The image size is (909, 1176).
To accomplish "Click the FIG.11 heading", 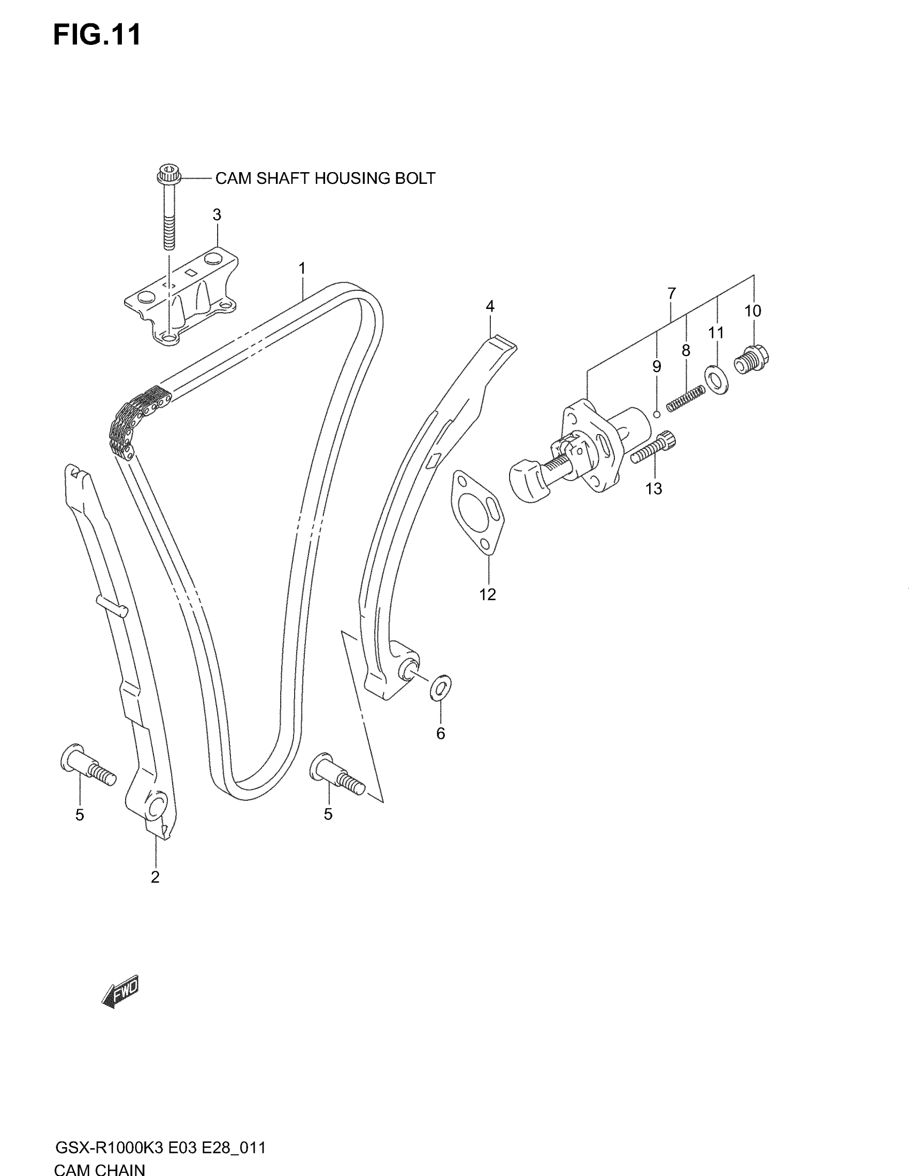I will tap(97, 35).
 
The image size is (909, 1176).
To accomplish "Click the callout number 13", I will tap(653, 489).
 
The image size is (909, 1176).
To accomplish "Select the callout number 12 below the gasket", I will tap(487, 594).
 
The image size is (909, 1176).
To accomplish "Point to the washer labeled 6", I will tap(441, 687).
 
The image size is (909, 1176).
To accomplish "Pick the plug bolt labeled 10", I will tap(752, 360).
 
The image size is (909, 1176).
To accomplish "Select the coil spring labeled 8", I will tap(685, 399).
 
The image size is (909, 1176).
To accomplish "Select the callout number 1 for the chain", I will tap(302, 268).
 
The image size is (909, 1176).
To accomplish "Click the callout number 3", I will tap(217, 215).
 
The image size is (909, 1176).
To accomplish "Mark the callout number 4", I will tap(489, 306).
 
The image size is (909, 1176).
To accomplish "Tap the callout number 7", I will tap(671, 293).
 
